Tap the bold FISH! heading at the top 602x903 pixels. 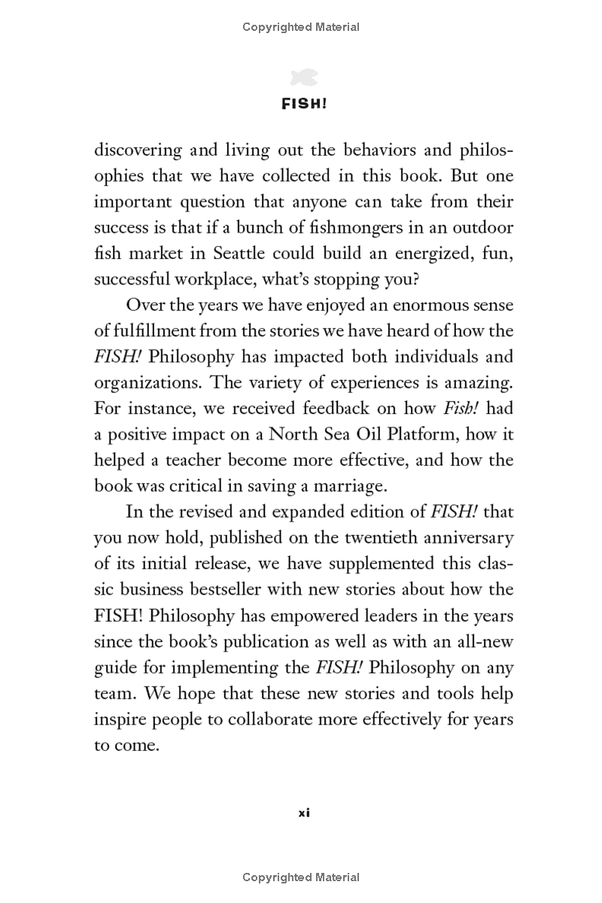point(304,105)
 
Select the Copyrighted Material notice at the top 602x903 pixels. point(301,27)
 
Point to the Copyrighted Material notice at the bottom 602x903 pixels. point(301,877)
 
